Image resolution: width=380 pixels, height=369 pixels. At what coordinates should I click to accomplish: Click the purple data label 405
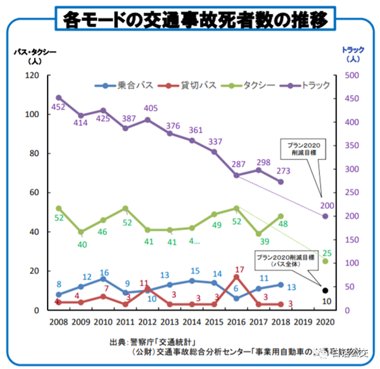pos(151,108)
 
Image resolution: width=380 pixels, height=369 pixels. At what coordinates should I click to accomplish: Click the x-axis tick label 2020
pos(325,322)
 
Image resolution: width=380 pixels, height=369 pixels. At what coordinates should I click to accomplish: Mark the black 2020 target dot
pos(326,291)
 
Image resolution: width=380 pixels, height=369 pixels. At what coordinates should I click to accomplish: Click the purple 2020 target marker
pos(326,216)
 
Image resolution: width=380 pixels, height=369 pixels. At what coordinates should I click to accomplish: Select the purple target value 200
pos(327,206)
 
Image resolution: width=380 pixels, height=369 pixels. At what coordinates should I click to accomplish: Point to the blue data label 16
pos(104,272)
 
